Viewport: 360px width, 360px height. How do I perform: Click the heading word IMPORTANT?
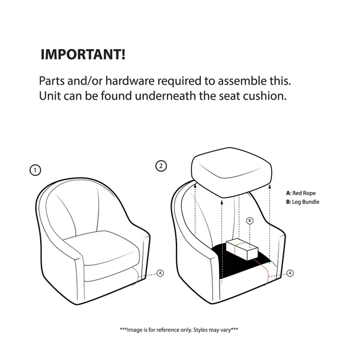(83, 55)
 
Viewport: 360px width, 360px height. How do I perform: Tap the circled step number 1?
(35, 170)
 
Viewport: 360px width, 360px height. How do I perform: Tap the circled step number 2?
(161, 166)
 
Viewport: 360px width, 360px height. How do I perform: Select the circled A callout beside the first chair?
(160, 273)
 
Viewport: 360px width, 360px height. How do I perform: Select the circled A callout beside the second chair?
(290, 273)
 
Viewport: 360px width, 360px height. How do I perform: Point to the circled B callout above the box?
(250, 221)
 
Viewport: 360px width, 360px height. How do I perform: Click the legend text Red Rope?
(304, 193)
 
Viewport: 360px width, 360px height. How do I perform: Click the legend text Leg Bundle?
(305, 202)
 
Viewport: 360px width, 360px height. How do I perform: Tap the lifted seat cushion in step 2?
(232, 172)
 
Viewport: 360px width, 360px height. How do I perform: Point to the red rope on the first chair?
(136, 275)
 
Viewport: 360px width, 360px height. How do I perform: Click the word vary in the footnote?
(226, 331)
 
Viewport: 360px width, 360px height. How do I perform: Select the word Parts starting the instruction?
(52, 81)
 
